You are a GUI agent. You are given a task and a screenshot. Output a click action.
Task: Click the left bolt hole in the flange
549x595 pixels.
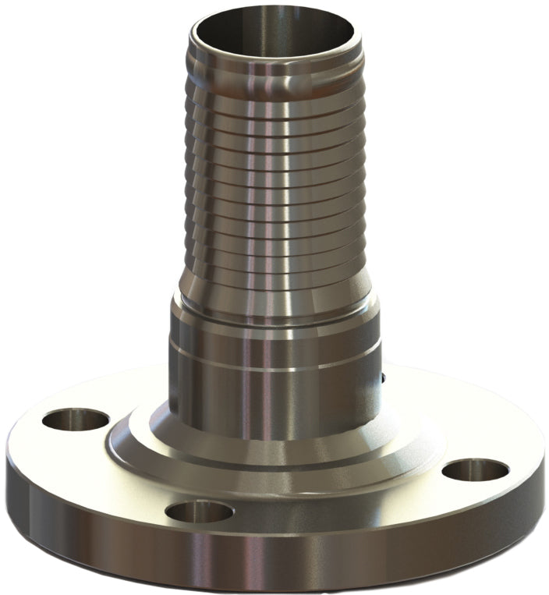click(75, 421)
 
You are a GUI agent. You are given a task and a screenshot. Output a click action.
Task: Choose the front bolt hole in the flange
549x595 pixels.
click(200, 512)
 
